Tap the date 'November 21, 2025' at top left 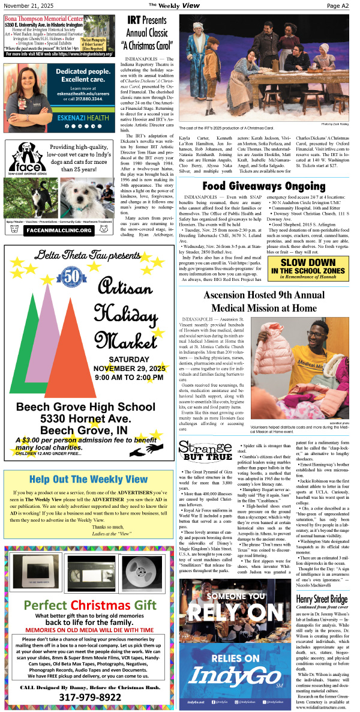pos(28,5)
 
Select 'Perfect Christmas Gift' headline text pos(89,605)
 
